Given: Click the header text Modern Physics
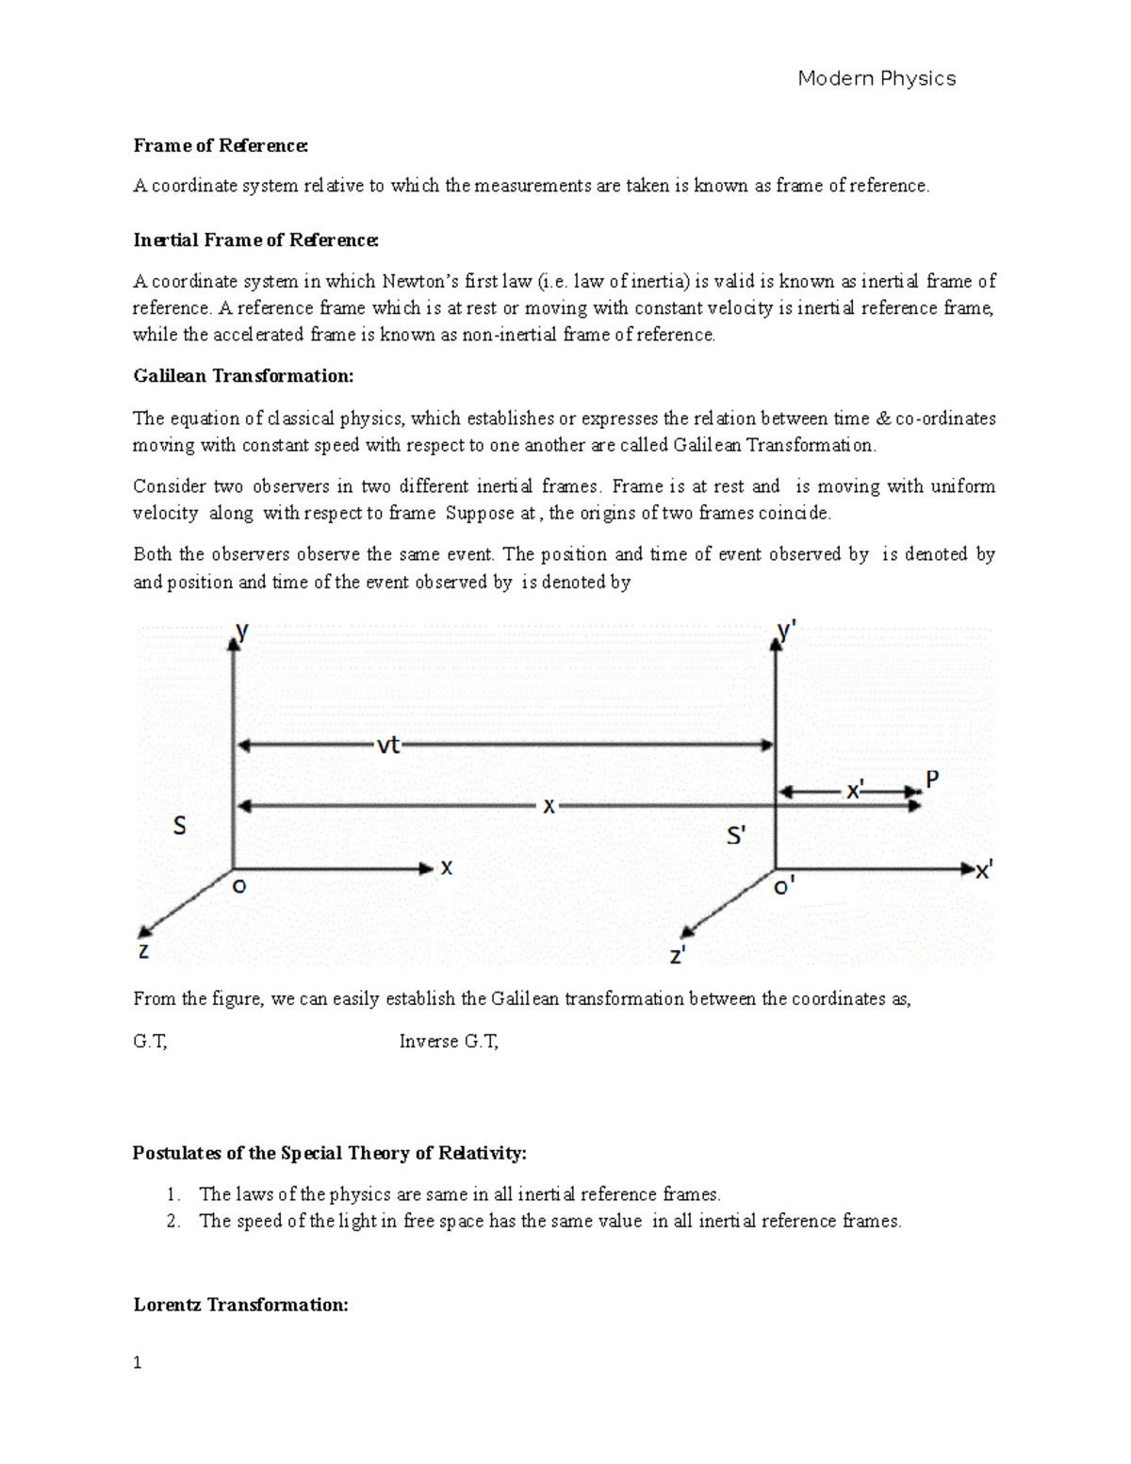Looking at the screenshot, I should click(x=877, y=78).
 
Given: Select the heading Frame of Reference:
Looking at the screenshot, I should click(x=221, y=145).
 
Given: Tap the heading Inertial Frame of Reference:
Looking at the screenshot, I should click(x=255, y=240).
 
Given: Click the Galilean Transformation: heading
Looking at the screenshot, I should click(x=243, y=376).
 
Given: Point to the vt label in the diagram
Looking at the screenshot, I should click(x=388, y=746).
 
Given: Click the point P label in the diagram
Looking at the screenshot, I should click(x=932, y=780).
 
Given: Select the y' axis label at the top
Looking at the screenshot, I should click(x=787, y=632).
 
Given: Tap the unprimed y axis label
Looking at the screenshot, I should click(x=243, y=632).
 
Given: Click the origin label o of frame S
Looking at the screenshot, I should click(x=239, y=886).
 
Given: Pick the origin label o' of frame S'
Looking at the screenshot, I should click(x=784, y=887).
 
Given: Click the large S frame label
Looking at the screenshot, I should click(x=179, y=827).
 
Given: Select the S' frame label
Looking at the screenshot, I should click(x=736, y=835).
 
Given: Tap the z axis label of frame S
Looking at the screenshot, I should click(x=143, y=950).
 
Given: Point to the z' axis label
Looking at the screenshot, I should click(x=678, y=955).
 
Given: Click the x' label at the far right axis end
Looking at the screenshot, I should click(x=983, y=871).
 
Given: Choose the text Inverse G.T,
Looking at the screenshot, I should click(x=449, y=1042).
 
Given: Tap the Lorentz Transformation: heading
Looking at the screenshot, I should click(x=241, y=1305).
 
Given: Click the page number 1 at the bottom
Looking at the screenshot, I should click(x=138, y=1363).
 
